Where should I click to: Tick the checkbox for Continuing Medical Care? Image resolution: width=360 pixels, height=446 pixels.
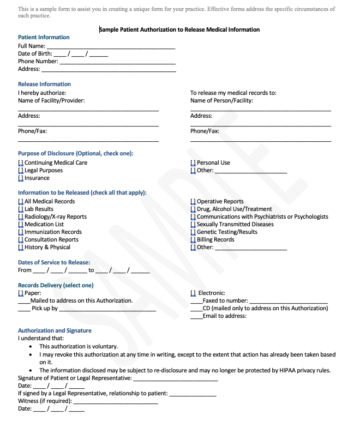pyautogui.click(x=21, y=163)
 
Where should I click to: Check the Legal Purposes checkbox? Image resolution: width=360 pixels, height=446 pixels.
pyautogui.click(x=21, y=171)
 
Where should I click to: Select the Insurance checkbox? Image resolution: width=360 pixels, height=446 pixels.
pyautogui.click(x=21, y=178)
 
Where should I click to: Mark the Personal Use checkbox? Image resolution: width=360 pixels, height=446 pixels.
pyautogui.click(x=193, y=163)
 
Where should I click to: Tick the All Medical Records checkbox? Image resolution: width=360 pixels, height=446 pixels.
pyautogui.click(x=21, y=202)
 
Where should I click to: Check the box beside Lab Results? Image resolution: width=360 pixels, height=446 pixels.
pyautogui.click(x=21, y=209)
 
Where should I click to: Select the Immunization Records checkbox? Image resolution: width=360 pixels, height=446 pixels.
pyautogui.click(x=21, y=232)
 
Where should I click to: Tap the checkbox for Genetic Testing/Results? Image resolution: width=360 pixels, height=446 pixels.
pyautogui.click(x=193, y=232)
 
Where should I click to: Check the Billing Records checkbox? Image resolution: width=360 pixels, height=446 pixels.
pyautogui.click(x=193, y=240)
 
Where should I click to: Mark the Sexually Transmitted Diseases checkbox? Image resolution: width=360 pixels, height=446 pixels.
pyautogui.click(x=193, y=225)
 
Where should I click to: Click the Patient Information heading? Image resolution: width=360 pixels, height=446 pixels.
pyautogui.click(x=44, y=37)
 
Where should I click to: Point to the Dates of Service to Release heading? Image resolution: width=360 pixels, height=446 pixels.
pyautogui.click(x=54, y=262)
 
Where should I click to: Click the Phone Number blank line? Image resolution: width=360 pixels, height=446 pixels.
pyautogui.click(x=117, y=62)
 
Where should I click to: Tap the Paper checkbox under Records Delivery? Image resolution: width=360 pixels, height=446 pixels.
pyautogui.click(x=21, y=293)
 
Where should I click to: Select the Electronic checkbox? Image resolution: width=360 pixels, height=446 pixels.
pyautogui.click(x=193, y=293)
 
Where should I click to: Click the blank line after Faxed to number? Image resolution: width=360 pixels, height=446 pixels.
pyautogui.click(x=289, y=301)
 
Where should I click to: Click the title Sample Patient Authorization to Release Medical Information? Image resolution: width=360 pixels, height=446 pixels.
pyautogui.click(x=179, y=29)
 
